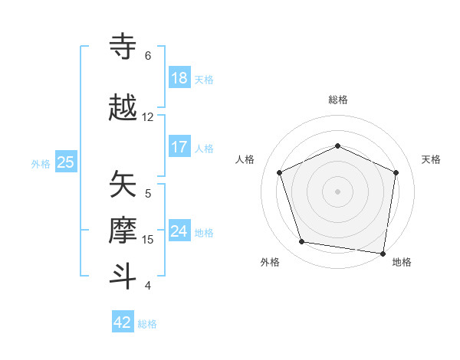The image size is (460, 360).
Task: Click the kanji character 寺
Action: (124, 47)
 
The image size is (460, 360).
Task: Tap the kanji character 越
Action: (124, 108)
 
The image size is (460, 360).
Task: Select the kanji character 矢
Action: (124, 185)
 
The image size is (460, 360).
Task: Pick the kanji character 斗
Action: (124, 276)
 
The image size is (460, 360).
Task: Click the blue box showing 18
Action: (179, 78)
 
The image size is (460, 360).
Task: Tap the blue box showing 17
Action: (179, 148)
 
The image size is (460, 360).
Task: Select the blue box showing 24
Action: (179, 232)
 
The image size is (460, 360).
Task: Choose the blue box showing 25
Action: (66, 162)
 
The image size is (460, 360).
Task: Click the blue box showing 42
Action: (123, 322)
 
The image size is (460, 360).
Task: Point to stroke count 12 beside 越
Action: (148, 117)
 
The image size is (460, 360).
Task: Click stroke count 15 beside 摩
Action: (148, 240)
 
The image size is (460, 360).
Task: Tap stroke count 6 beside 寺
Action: (148, 56)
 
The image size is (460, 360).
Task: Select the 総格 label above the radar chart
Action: (337, 100)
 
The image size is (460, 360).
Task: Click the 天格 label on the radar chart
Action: (432, 159)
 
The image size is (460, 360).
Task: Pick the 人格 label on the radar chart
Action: (245, 159)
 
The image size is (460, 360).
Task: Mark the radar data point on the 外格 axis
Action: (302, 242)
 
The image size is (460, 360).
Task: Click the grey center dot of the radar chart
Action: (337, 191)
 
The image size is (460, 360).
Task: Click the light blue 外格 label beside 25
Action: (41, 163)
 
